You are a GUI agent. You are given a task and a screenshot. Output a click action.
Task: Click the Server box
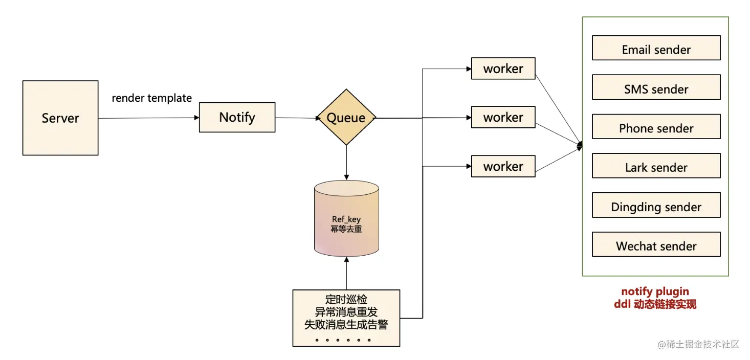click(x=60, y=118)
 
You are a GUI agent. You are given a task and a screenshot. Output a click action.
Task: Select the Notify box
click(x=237, y=117)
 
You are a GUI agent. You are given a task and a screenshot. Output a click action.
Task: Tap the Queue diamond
click(x=346, y=118)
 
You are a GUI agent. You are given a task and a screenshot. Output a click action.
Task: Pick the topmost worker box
click(x=503, y=69)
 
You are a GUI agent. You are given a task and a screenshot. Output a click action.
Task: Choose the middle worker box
click(x=503, y=117)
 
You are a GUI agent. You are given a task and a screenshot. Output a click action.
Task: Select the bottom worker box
click(x=503, y=166)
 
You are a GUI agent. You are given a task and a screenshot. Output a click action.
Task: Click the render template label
click(x=152, y=98)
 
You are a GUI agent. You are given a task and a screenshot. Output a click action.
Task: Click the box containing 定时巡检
click(x=346, y=318)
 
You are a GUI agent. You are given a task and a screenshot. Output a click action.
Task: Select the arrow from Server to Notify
click(x=148, y=118)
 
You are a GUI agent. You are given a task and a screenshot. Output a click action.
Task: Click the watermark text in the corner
click(x=698, y=344)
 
